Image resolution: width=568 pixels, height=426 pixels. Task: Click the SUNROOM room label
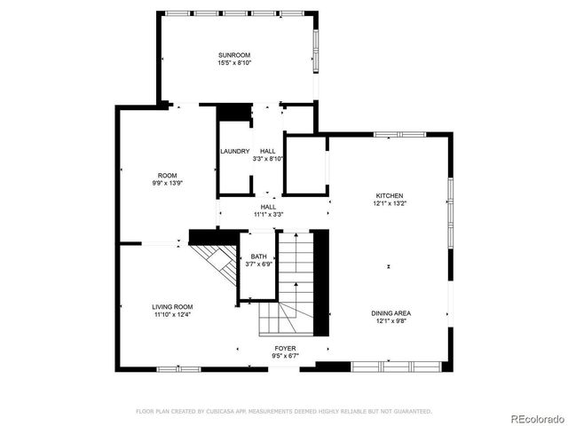click(235, 55)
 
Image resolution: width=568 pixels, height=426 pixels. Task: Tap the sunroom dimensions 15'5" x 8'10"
click(235, 63)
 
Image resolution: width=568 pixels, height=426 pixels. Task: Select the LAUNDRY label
click(235, 151)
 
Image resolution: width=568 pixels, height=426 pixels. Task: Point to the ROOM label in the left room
click(168, 175)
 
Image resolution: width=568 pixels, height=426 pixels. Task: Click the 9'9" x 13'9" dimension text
click(168, 183)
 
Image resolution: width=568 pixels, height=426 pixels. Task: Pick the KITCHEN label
click(390, 195)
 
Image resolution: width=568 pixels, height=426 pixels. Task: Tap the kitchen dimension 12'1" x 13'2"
click(390, 203)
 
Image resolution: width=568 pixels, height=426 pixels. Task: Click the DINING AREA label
click(390, 312)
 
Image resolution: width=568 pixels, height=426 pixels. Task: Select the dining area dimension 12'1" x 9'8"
click(390, 320)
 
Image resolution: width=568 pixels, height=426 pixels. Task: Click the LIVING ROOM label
click(172, 306)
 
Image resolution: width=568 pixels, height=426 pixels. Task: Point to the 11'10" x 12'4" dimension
click(172, 314)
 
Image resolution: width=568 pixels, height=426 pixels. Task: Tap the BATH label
click(258, 256)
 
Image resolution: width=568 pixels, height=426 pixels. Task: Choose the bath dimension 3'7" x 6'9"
click(258, 264)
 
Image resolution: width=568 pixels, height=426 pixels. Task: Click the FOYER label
click(285, 348)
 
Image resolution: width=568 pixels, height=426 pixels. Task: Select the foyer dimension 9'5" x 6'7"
click(285, 356)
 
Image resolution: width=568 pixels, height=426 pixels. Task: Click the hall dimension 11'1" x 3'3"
click(268, 215)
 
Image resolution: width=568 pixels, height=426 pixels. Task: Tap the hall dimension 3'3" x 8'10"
click(268, 159)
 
